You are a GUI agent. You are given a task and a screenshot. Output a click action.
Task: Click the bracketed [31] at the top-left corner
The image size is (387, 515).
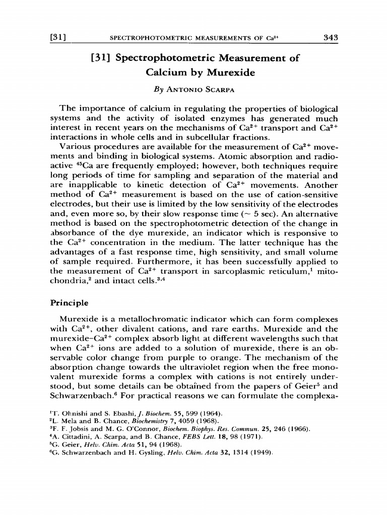pyautogui.click(x=59, y=37)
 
